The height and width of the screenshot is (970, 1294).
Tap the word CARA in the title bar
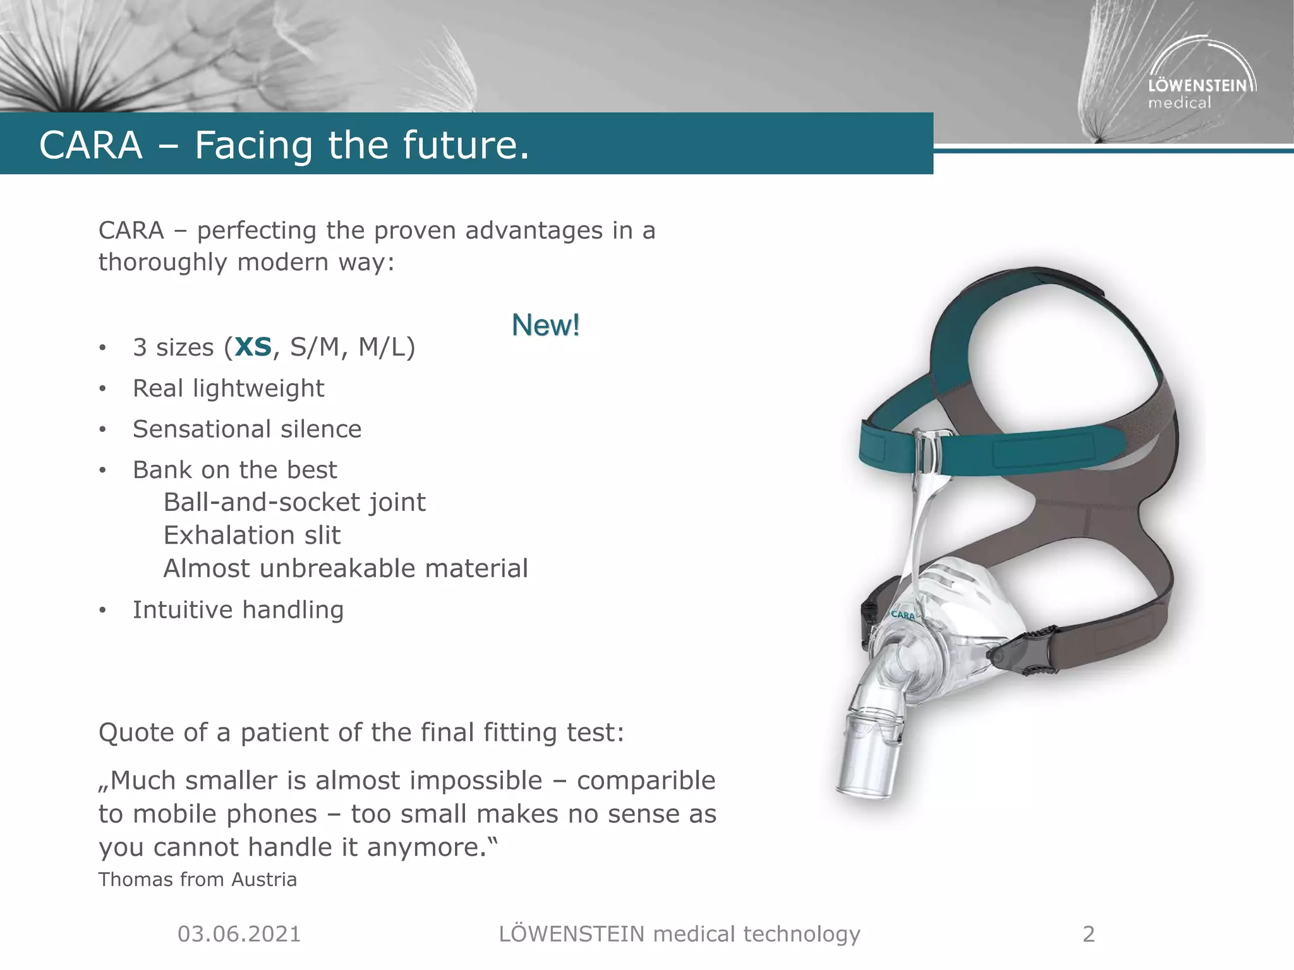tap(91, 145)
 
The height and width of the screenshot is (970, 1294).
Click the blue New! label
tap(545, 325)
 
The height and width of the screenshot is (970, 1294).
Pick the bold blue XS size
tap(253, 347)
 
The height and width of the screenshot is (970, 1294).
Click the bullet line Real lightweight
tap(228, 388)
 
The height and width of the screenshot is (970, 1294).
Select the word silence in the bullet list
tap(321, 429)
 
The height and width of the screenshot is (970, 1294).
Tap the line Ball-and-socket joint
tap(294, 503)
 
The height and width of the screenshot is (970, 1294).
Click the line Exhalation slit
tap(252, 536)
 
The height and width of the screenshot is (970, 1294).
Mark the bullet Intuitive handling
tap(238, 610)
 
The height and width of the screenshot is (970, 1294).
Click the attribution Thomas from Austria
tap(197, 880)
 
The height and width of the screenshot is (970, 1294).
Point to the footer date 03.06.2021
tap(239, 934)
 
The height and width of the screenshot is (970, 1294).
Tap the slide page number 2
tap(1089, 934)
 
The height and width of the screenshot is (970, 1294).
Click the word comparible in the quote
tap(646, 781)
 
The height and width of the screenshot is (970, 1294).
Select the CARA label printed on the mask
tap(903, 614)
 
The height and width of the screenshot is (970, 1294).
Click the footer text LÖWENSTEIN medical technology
tap(679, 934)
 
